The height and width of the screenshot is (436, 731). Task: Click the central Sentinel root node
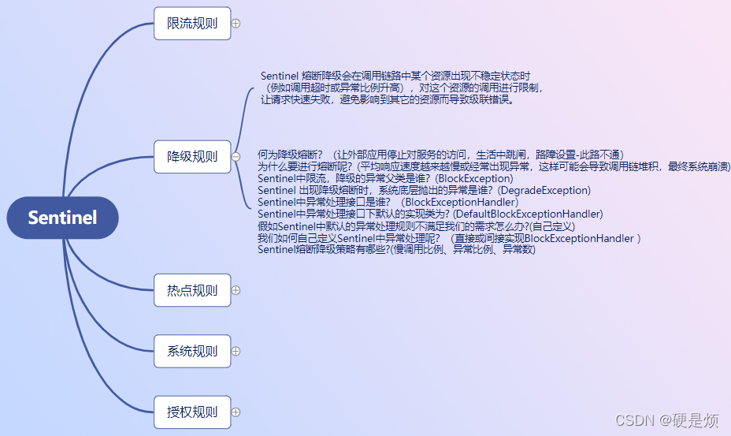[x=62, y=218]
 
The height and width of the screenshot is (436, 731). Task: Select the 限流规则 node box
[x=192, y=23]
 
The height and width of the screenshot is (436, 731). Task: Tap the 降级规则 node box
[x=192, y=156]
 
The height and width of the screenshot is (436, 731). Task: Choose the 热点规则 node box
[x=192, y=290]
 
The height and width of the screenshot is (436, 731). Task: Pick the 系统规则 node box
[x=192, y=351]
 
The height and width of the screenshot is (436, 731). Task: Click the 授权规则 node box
[x=192, y=412]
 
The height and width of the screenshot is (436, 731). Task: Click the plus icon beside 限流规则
[x=236, y=24]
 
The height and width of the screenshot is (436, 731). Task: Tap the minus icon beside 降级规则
[x=236, y=157]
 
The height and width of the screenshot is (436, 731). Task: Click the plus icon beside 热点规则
[x=236, y=290]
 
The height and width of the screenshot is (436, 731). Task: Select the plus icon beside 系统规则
[x=236, y=351]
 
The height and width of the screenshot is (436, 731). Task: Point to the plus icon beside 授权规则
[x=236, y=412]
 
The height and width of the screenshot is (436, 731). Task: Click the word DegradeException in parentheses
[x=544, y=190]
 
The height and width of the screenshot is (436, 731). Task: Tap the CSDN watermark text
[x=666, y=420]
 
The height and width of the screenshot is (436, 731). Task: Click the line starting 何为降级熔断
[x=440, y=155]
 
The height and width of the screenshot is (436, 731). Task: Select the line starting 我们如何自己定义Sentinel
[x=449, y=237]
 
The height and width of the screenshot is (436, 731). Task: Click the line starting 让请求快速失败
[x=387, y=100]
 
